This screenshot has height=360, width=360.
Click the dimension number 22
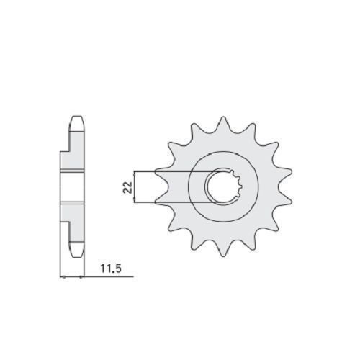click(x=127, y=187)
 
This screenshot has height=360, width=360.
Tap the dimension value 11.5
click(x=111, y=269)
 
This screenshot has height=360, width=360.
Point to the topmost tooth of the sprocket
click(x=223, y=123)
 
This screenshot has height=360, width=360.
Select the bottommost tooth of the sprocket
click(x=223, y=251)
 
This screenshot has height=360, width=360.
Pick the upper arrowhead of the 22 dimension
click(x=135, y=174)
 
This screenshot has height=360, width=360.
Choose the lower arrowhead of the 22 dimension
click(x=135, y=201)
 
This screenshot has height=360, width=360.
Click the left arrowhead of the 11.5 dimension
click(x=63, y=277)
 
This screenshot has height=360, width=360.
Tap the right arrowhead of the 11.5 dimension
click(x=81, y=277)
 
